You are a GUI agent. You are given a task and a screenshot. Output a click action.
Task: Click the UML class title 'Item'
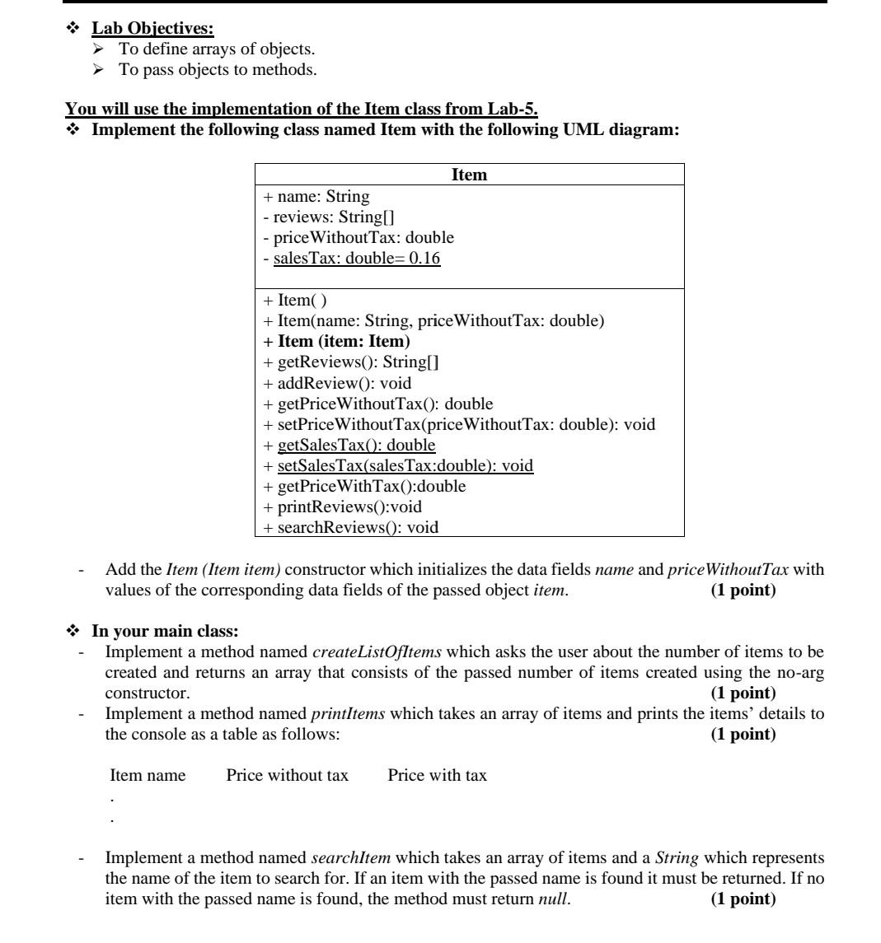(469, 175)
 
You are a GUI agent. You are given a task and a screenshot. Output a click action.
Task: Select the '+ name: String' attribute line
(316, 197)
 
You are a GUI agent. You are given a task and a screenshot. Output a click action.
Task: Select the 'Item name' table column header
(148, 775)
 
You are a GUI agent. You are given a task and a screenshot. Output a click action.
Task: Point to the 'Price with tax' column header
(437, 775)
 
